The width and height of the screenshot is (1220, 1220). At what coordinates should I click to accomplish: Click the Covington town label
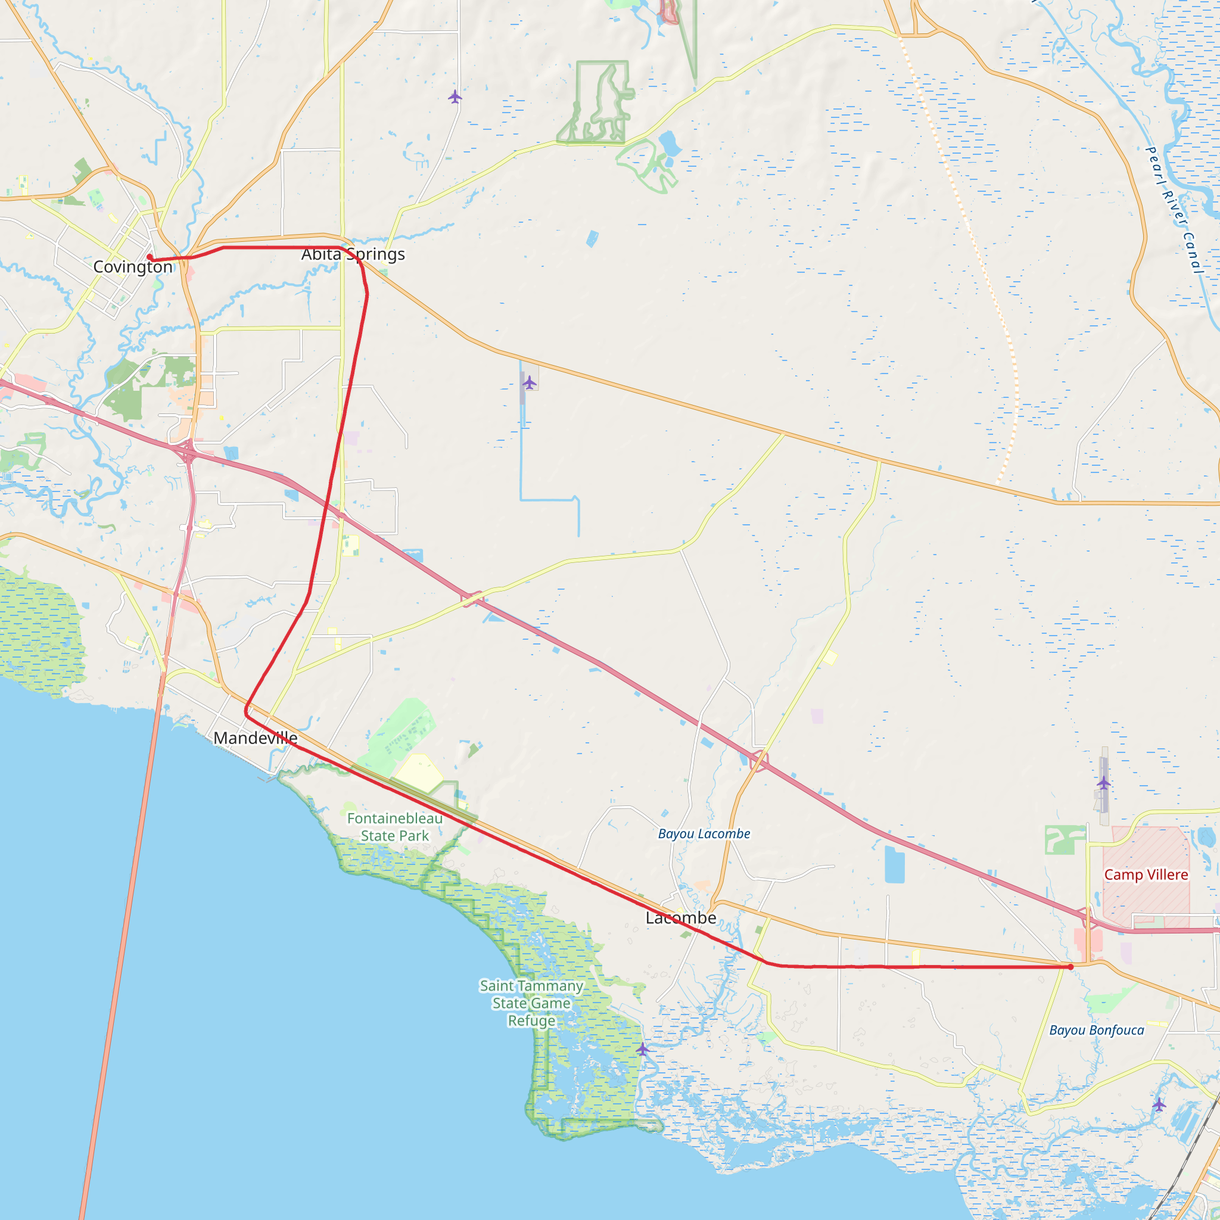pyautogui.click(x=133, y=267)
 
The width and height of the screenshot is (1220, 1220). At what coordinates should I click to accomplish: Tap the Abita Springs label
pyautogui.click(x=353, y=254)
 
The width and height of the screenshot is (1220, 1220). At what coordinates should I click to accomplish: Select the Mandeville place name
pyautogui.click(x=255, y=737)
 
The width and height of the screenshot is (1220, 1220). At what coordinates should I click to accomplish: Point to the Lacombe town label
pyautogui.click(x=681, y=917)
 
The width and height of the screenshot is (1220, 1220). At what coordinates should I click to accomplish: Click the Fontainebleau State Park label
pyautogui.click(x=395, y=827)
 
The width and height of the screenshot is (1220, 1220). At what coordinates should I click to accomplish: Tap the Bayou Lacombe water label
pyautogui.click(x=704, y=833)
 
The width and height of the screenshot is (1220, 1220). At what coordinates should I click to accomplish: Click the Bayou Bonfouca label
pyautogui.click(x=1096, y=1030)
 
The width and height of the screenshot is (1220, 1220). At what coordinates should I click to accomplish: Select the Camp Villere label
pyautogui.click(x=1146, y=874)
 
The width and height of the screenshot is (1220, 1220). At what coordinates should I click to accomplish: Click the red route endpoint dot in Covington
pyautogui.click(x=150, y=257)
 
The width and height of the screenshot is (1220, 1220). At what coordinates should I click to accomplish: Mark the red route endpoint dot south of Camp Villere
pyautogui.click(x=1070, y=967)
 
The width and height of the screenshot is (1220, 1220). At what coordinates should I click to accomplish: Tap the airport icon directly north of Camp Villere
pyautogui.click(x=1103, y=783)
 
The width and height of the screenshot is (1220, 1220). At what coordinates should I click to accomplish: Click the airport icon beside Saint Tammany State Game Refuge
pyautogui.click(x=642, y=1050)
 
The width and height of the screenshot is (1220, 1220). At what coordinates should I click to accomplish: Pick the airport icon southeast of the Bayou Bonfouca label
pyautogui.click(x=1159, y=1104)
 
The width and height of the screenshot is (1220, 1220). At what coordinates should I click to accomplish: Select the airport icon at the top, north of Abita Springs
pyautogui.click(x=455, y=97)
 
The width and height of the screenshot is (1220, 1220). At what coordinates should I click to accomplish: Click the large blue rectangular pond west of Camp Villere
pyautogui.click(x=895, y=864)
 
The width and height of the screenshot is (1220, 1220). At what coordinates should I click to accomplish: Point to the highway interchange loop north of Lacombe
pyautogui.click(x=760, y=760)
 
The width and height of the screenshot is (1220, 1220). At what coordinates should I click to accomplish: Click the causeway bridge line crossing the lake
pyautogui.click(x=126, y=947)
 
